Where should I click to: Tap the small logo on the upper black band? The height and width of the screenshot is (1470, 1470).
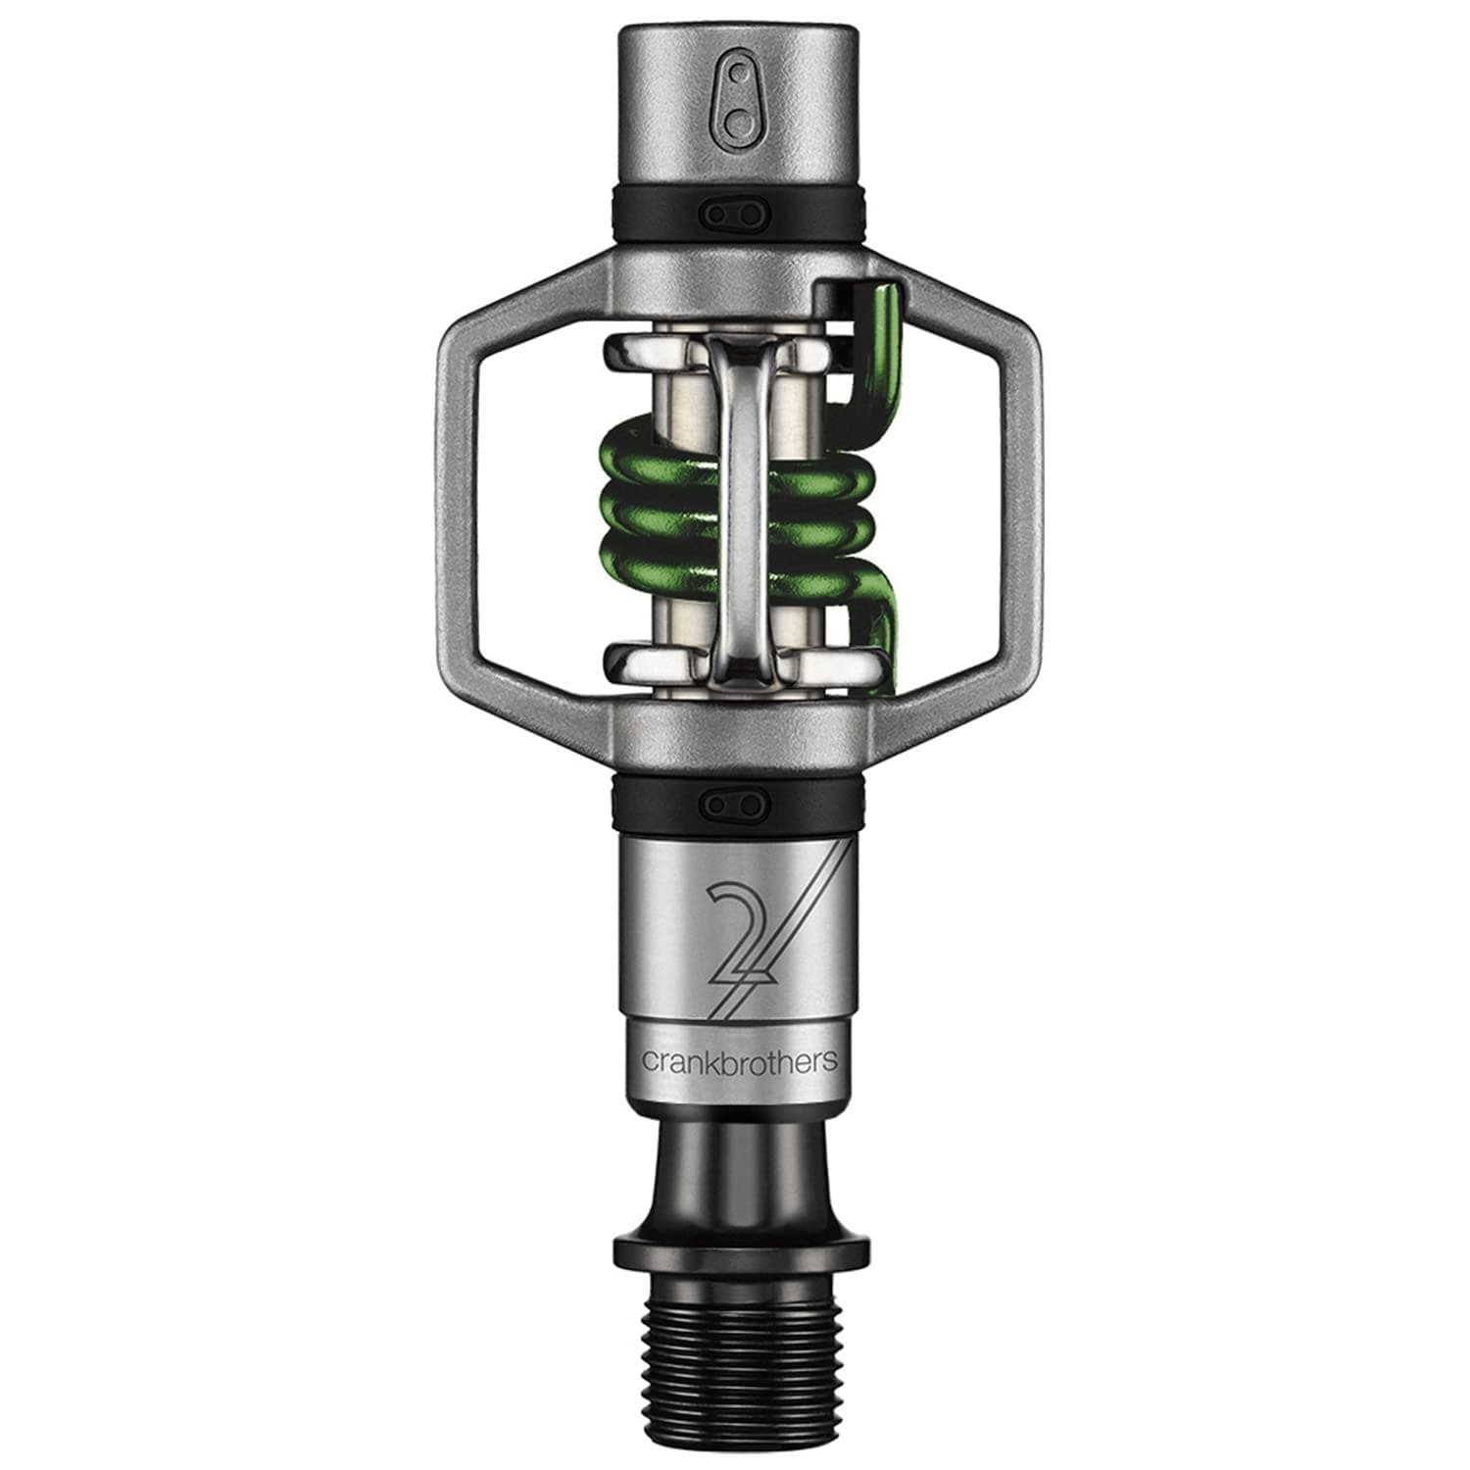[x=734, y=213]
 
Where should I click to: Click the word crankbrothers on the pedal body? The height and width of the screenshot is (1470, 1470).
[x=739, y=1060]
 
